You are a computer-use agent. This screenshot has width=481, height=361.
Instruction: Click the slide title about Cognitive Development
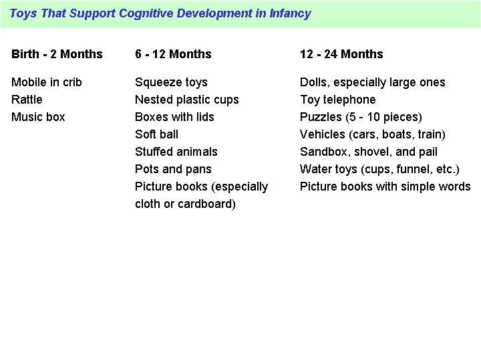160,13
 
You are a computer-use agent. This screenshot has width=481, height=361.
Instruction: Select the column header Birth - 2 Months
57,54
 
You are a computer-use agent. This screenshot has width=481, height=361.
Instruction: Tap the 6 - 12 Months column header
173,54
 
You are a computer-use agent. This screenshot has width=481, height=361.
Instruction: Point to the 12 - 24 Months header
341,54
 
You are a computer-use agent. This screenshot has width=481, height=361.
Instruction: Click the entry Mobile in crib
47,82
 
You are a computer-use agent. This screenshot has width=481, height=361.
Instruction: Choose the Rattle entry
27,100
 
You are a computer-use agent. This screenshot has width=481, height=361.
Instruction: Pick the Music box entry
38,117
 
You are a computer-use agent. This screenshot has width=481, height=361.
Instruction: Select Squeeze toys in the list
171,82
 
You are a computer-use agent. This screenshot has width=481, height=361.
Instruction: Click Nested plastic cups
186,100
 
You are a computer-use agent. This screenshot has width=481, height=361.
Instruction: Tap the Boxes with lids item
174,117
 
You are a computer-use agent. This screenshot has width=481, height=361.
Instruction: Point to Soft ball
156,134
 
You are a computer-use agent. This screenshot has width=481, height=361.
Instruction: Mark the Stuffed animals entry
176,152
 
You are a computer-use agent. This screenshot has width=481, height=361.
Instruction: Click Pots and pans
172,169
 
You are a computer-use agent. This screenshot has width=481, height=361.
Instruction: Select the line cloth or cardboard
185,204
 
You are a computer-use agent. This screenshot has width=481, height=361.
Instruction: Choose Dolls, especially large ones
372,82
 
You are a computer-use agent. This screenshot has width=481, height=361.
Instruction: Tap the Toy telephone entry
337,100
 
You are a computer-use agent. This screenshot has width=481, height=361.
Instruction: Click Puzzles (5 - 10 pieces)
361,117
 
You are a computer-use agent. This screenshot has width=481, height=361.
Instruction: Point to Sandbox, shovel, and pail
369,152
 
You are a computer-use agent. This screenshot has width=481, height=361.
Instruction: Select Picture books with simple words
385,187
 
